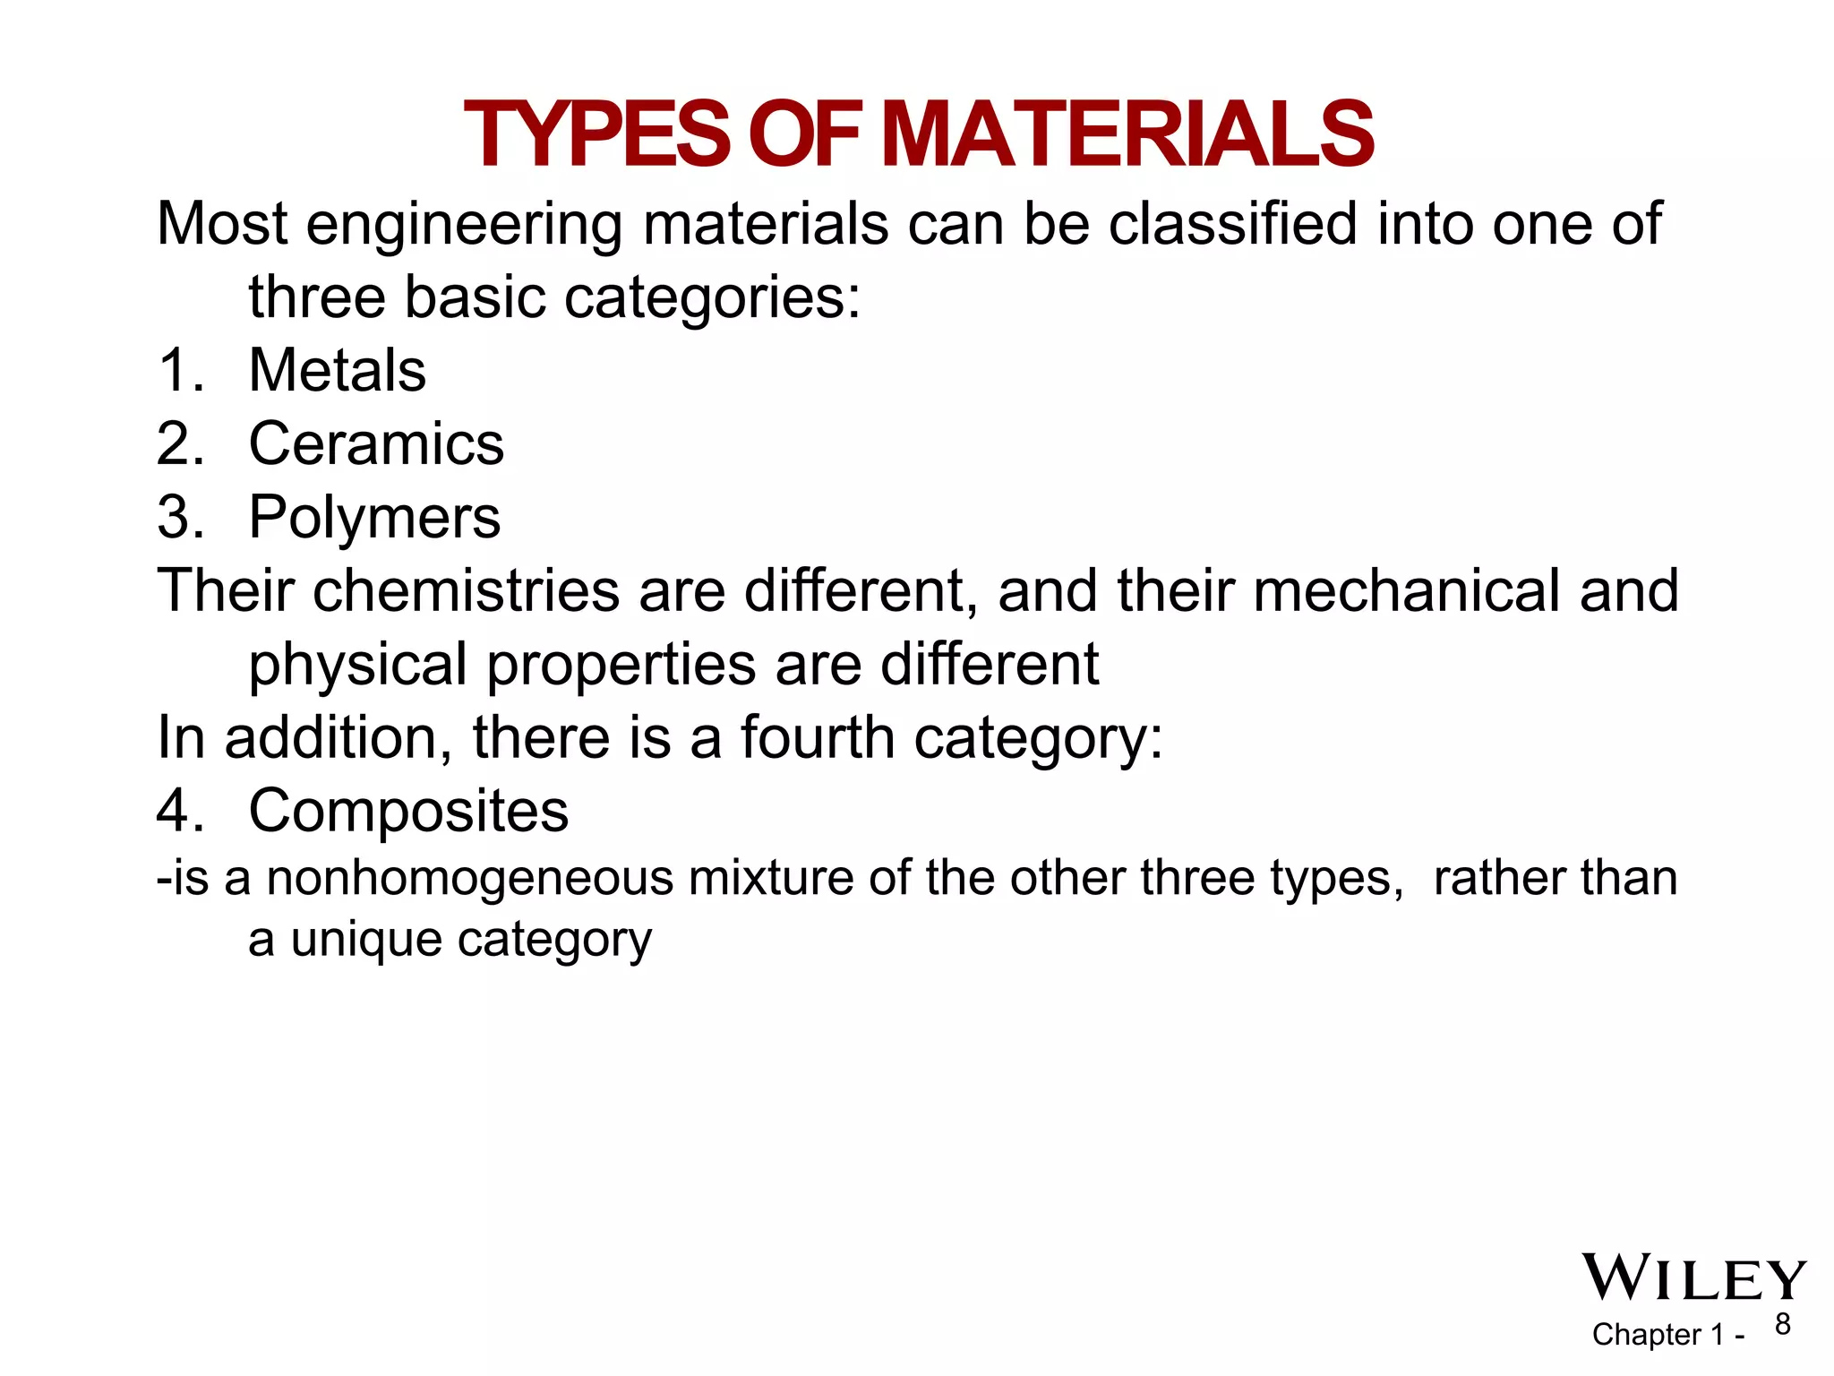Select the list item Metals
(337, 370)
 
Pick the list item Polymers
(374, 518)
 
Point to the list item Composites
(408, 811)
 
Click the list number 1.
(180, 370)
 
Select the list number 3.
(180, 518)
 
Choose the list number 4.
(180, 811)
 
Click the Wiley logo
(1693, 1278)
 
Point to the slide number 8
(1783, 1324)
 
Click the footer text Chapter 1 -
(1667, 1335)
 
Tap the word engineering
(464, 225)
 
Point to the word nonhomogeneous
(470, 878)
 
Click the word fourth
(818, 737)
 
